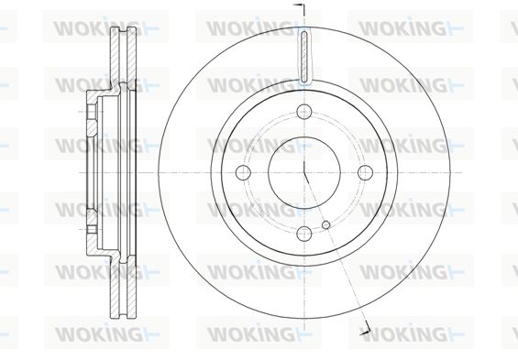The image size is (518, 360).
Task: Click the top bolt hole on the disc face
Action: tap(304, 112)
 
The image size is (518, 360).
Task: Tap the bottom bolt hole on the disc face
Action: tap(304, 234)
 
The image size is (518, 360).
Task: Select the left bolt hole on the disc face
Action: tap(244, 172)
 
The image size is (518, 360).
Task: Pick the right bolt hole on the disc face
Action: tap(366, 172)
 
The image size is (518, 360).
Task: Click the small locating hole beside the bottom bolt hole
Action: tap(326, 224)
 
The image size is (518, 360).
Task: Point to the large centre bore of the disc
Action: tap(304, 172)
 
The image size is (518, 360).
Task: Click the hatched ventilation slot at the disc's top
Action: tap(304, 56)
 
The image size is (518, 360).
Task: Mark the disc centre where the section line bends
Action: tap(304, 172)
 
